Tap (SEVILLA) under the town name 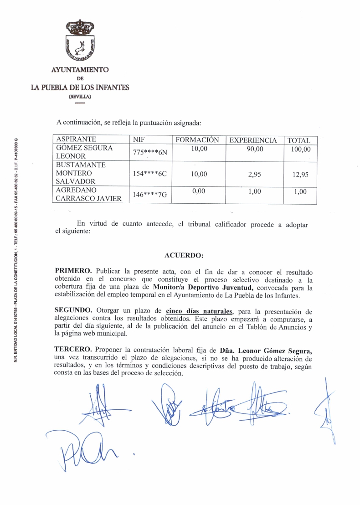tap(80, 96)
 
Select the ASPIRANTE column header tap(76, 140)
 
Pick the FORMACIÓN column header tap(197, 140)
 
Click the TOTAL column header tap(299, 140)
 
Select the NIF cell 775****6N tap(150, 152)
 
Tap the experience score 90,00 tap(255, 149)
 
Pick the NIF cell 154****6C tap(150, 174)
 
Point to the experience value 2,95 tap(254, 174)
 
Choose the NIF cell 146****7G tap(150, 195)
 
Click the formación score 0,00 tap(198, 191)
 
